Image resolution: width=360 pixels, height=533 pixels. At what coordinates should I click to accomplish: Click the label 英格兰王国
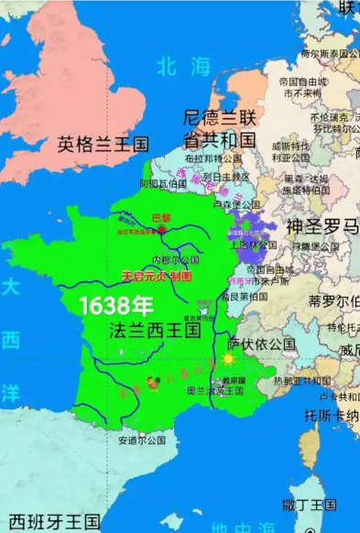tap(103, 144)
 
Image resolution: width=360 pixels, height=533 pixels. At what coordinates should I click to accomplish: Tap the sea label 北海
tap(183, 66)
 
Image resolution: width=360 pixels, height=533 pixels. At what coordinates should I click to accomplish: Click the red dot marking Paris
tap(162, 230)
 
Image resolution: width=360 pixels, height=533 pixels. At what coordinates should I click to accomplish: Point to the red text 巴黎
tap(160, 219)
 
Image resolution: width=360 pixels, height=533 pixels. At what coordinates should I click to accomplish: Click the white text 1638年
tap(116, 306)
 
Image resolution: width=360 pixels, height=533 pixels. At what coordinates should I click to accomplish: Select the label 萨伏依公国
tap(261, 343)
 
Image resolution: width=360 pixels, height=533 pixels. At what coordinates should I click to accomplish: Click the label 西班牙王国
tap(52, 521)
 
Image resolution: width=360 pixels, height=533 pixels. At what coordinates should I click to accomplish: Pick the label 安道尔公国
tap(141, 440)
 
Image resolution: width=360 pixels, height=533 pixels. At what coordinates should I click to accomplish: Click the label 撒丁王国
tap(310, 505)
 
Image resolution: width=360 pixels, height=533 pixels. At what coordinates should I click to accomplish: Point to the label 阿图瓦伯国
tap(157, 183)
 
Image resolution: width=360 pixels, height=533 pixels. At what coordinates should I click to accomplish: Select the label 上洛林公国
tap(254, 245)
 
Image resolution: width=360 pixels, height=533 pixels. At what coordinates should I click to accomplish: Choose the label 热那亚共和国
tap(304, 380)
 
